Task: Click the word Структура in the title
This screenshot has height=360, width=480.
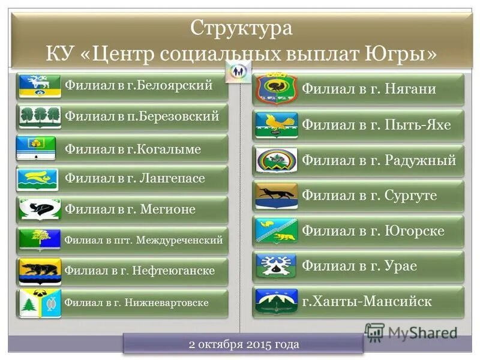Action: pos(241,28)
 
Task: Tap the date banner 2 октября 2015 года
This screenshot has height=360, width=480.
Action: pos(243,344)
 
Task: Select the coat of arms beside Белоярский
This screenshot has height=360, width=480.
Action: pos(40,86)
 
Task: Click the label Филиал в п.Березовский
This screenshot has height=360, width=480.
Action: pos(142,116)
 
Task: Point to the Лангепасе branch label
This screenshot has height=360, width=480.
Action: pos(135,179)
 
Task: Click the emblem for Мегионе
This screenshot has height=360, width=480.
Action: pos(40,209)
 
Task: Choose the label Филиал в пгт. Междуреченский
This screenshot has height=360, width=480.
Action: pos(143,241)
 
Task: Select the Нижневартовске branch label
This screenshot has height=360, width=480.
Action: pos(137,302)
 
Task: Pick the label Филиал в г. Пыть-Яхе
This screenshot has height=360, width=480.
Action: pos(376,125)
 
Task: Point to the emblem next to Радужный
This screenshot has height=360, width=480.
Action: pos(276,160)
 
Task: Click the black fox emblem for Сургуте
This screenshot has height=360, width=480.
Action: pos(276,196)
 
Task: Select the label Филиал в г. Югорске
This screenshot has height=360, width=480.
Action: pos(373,231)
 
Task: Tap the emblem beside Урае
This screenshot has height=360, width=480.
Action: pos(276,266)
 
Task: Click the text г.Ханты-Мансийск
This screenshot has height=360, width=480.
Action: pos(366,301)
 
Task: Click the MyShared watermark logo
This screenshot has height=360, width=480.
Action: pos(410,333)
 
